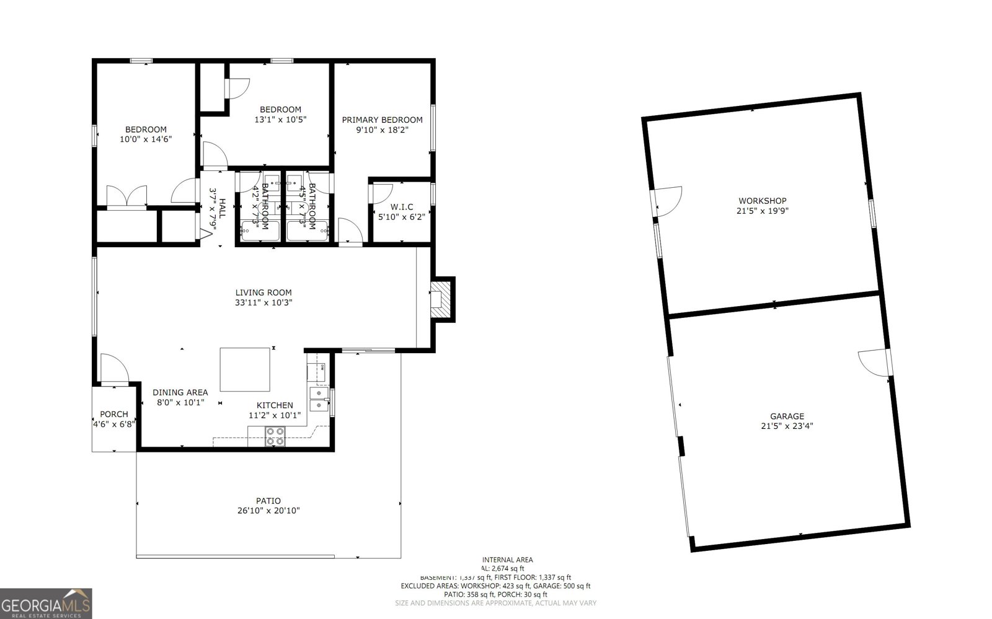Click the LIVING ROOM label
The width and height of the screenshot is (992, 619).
pyautogui.click(x=263, y=292)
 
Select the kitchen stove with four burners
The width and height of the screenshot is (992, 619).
pyautogui.click(x=275, y=437)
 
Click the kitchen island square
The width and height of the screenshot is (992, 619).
pyautogui.click(x=245, y=369)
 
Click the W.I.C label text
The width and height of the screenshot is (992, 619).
pyautogui.click(x=401, y=207)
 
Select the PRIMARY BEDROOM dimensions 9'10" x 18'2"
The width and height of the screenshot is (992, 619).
pyautogui.click(x=382, y=130)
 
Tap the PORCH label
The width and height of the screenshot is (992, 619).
pyautogui.click(x=114, y=414)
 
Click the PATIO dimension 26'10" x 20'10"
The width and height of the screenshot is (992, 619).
pyautogui.click(x=268, y=511)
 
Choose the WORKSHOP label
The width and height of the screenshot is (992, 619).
pyautogui.click(x=762, y=201)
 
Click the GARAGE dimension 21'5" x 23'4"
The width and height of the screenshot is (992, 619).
pyautogui.click(x=787, y=426)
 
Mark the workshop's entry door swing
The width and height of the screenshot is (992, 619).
pyautogui.click(x=668, y=201)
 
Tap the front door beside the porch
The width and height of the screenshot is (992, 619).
pyautogui.click(x=113, y=370)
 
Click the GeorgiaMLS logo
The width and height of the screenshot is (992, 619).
pyautogui.click(x=46, y=604)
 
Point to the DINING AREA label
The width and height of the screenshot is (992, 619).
pyautogui.click(x=180, y=392)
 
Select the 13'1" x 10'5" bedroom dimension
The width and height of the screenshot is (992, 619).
pyautogui.click(x=280, y=120)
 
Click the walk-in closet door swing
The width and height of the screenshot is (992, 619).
pyautogui.click(x=379, y=193)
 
